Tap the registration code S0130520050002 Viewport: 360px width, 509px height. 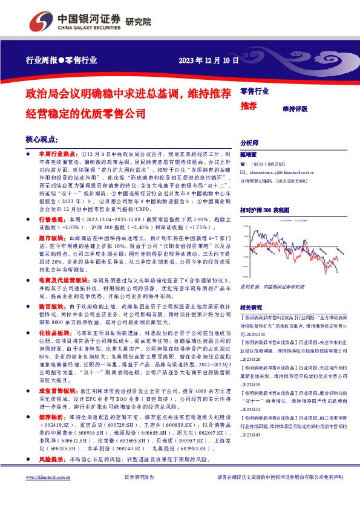(299, 180)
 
